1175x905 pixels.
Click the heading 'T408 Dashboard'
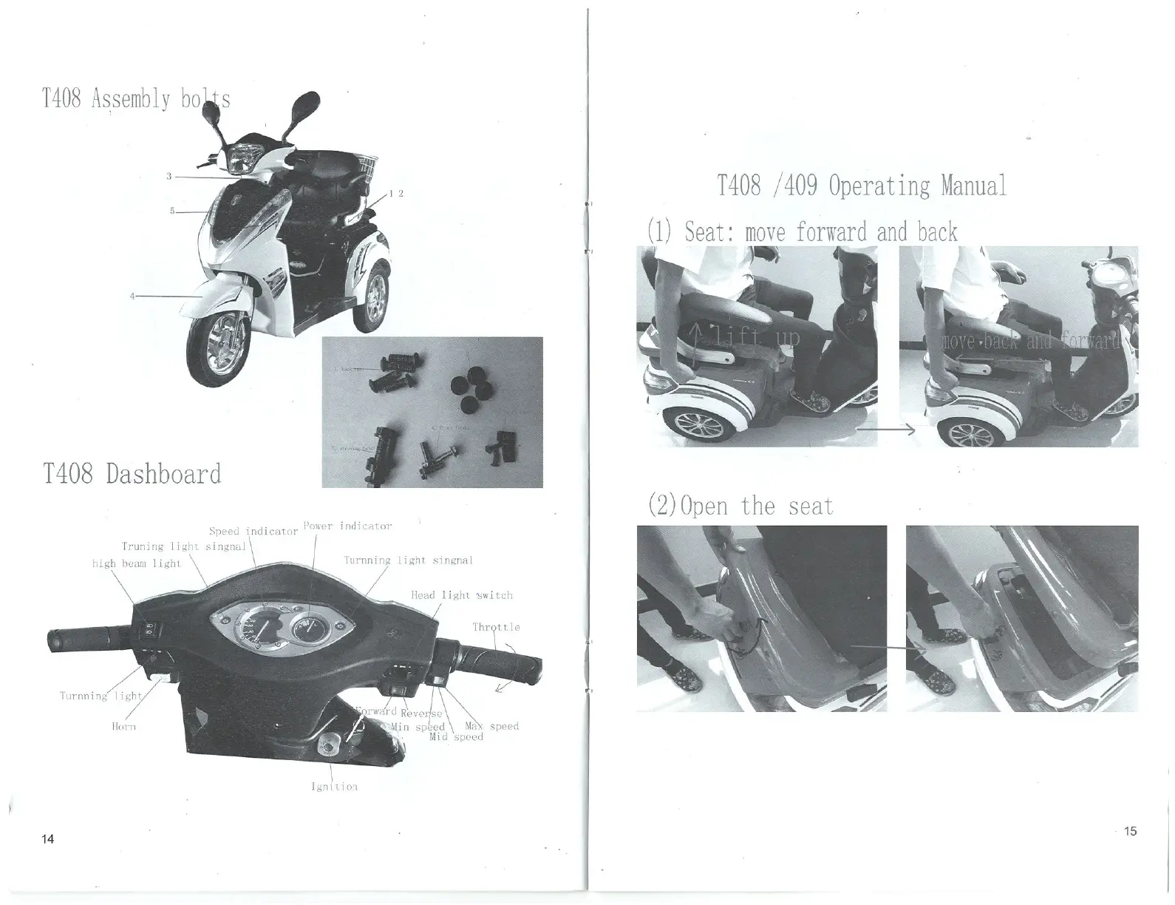132,474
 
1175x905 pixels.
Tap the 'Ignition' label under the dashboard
335,787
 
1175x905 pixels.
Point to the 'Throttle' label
496,627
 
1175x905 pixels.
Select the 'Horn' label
123,726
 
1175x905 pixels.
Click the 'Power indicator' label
347,526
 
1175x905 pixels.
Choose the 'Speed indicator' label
253,531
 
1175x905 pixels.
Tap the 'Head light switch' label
462,594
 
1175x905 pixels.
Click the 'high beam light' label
136,563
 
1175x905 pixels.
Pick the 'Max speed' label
491,725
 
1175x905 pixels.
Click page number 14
48,838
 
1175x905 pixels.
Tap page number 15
1130,831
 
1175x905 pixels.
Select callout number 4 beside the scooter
132,296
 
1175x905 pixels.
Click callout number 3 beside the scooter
169,176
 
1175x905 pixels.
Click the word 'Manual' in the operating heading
973,186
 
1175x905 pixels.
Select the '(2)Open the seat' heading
740,506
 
